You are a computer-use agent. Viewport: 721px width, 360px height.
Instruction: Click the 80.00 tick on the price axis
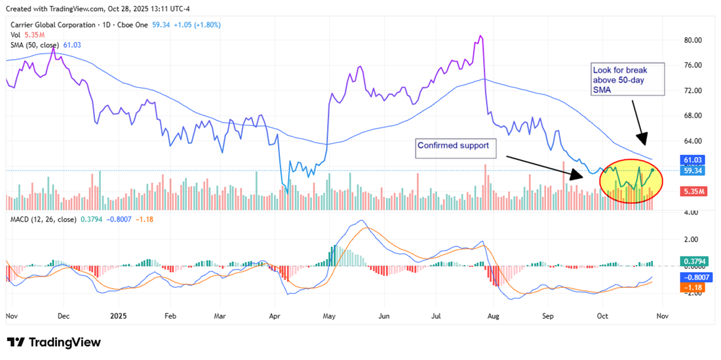pyautogui.click(x=693, y=40)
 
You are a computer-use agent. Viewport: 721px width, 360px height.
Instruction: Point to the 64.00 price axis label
pyautogui.click(x=693, y=141)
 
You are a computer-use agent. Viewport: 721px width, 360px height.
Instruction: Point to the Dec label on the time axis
pyautogui.click(x=63, y=315)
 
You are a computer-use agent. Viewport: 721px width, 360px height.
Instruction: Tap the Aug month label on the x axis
pyautogui.click(x=494, y=315)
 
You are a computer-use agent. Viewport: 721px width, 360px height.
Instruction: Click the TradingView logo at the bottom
pyautogui.click(x=54, y=342)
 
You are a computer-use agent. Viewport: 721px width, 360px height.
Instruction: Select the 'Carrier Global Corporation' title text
pyautogui.click(x=60, y=25)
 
